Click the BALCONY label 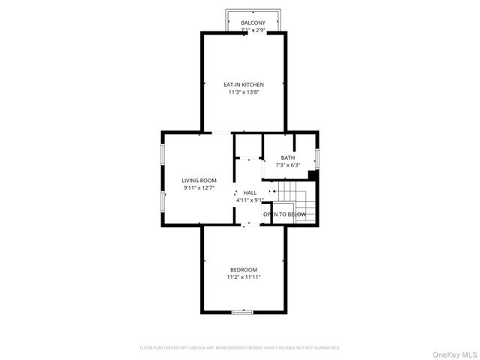253,23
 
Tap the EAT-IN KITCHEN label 244,85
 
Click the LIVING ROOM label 199,180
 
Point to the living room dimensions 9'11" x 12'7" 199,187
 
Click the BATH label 288,157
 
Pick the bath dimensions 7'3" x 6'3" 288,165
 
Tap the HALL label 249,193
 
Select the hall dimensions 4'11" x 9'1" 249,200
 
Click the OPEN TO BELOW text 284,214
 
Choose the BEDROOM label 244,270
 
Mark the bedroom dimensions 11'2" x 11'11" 244,277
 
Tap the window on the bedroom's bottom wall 241,311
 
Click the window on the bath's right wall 318,158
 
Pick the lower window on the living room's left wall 163,201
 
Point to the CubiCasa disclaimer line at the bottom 240,348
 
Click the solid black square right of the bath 311,175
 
